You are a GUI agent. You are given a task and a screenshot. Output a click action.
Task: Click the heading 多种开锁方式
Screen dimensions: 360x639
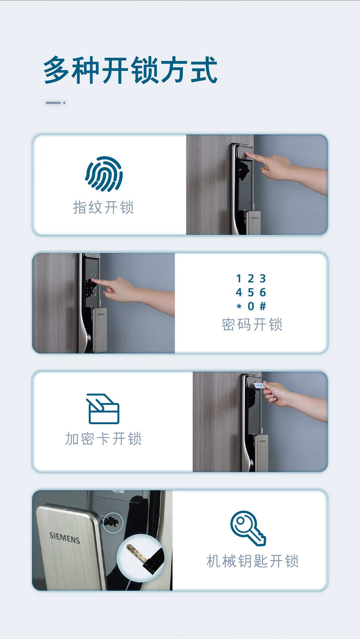tap(130, 70)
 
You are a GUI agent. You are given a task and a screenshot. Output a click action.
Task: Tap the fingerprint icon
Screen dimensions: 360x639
tap(104, 174)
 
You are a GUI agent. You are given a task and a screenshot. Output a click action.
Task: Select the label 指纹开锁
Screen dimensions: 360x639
tap(104, 207)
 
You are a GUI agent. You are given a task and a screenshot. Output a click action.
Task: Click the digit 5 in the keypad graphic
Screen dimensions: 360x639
tap(251, 292)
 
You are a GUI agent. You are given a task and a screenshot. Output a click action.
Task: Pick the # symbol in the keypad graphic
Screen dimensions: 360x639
tap(263, 306)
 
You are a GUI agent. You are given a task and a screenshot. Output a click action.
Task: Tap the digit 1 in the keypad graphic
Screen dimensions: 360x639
tap(239, 279)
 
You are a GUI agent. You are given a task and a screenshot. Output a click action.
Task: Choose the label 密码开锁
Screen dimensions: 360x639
tap(252, 325)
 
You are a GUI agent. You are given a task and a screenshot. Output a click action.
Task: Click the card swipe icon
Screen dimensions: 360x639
tap(103, 409)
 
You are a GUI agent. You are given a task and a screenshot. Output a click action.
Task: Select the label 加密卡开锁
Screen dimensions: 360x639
tap(103, 439)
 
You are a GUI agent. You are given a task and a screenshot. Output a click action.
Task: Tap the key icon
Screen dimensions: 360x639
tap(248, 528)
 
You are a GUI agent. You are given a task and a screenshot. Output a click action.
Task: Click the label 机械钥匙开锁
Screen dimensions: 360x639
tap(253, 561)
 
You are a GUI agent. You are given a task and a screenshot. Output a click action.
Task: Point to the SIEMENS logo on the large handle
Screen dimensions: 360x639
tap(65, 538)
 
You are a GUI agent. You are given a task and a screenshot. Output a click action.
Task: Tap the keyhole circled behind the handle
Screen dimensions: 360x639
tap(112, 523)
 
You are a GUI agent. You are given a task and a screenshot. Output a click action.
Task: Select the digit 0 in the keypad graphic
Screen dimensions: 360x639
tap(251, 306)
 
